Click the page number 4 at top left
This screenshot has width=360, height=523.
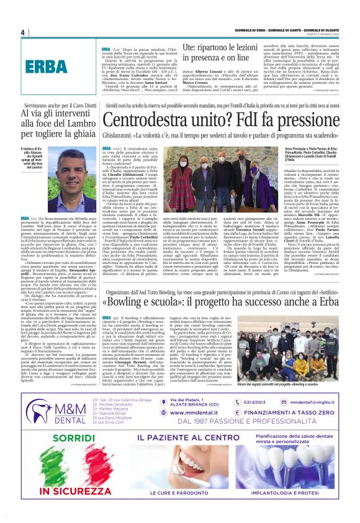point(23,33)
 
